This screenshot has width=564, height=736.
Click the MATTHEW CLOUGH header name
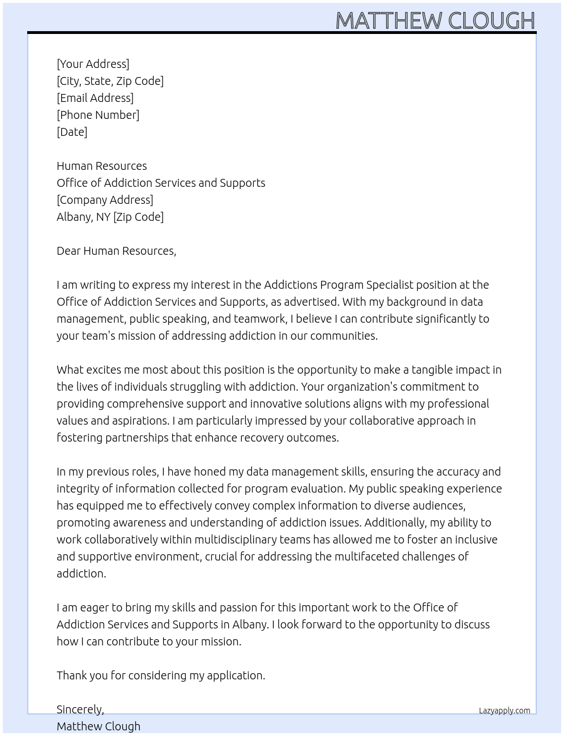435,20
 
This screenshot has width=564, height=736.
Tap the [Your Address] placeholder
93,64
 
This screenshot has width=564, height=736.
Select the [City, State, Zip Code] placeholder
110,81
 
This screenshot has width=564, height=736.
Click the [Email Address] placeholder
95,98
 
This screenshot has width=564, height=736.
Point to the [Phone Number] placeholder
98,115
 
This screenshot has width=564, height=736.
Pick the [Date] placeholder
72,132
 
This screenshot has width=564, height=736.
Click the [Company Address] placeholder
105,200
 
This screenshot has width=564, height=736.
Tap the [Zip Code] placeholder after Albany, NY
138,217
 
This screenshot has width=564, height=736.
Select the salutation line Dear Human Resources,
116,251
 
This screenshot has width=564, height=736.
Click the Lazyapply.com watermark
505,711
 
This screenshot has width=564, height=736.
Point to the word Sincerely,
80,709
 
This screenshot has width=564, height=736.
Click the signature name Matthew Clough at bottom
99,726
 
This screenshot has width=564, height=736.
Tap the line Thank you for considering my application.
161,675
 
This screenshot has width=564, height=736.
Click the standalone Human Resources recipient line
102,166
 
